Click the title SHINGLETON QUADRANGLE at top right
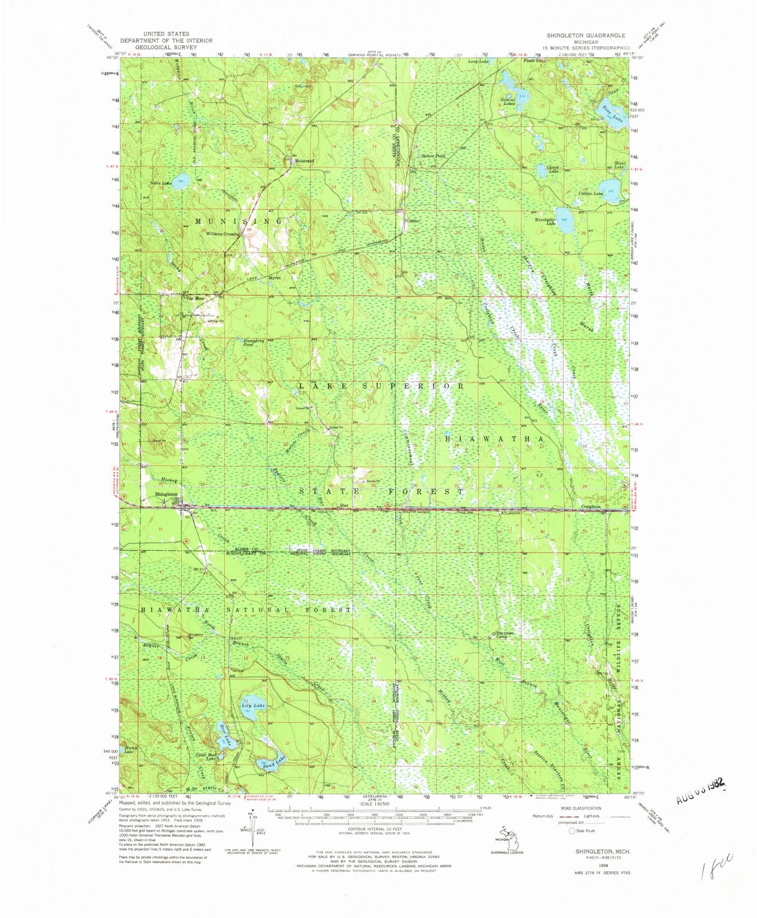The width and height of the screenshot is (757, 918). pos(586,35)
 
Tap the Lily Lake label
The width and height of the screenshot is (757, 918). pos(253,705)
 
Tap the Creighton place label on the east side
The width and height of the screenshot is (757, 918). pos(591,507)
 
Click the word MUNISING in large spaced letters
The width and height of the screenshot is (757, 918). pos(239,221)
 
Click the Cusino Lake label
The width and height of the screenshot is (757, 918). pos(591,194)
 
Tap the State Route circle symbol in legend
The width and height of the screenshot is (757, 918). pos(571,831)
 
